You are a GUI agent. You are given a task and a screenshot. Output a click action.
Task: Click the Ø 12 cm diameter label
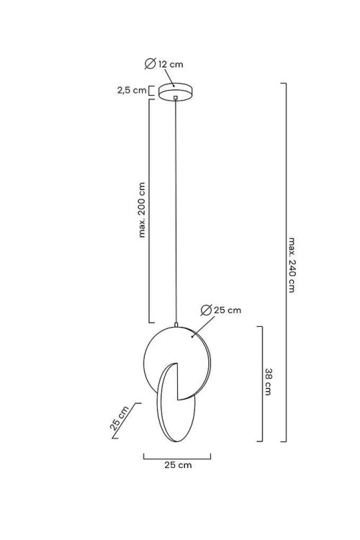pyautogui.click(x=164, y=63)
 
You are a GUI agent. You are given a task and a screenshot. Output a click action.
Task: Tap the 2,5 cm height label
pyautogui.click(x=132, y=90)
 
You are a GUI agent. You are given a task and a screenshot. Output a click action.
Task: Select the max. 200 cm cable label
pyautogui.click(x=142, y=210)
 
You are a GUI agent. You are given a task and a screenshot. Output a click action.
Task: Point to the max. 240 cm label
pyautogui.click(x=292, y=264)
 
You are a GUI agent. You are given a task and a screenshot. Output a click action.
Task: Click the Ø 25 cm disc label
pyautogui.click(x=221, y=310)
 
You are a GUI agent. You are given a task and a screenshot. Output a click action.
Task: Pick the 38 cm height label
pyautogui.click(x=269, y=382)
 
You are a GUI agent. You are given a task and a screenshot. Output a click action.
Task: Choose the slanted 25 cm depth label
pyautogui.click(x=120, y=418)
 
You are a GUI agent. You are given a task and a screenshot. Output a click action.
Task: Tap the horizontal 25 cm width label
pyautogui.click(x=178, y=465)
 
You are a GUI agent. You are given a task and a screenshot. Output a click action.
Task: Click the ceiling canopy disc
pyautogui.click(x=176, y=92)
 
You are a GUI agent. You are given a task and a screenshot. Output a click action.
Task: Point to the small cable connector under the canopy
pyautogui.click(x=176, y=98)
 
